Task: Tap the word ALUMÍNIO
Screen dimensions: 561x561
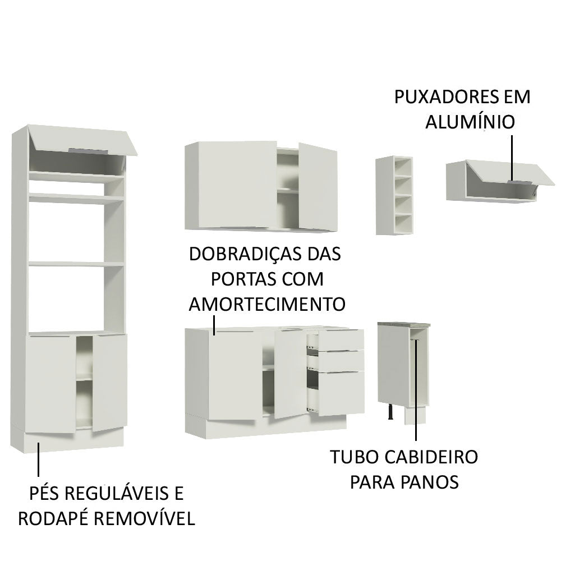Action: (x=470, y=122)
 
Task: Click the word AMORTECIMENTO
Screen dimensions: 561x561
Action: (x=266, y=304)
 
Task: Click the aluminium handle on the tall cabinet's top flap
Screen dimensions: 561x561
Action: (x=86, y=150)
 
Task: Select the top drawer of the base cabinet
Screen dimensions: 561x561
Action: (x=342, y=339)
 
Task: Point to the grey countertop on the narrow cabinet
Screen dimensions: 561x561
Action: (x=403, y=324)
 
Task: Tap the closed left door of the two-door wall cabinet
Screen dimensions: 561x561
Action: (x=230, y=185)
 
